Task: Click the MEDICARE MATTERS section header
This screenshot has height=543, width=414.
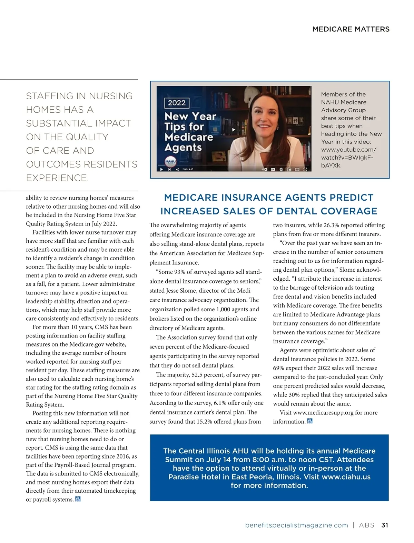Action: click(x=351, y=29)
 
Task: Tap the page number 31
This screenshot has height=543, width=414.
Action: click(x=385, y=525)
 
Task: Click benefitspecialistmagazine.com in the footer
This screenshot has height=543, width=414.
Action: click(x=296, y=525)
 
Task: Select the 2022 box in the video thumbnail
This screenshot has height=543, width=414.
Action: click(x=177, y=103)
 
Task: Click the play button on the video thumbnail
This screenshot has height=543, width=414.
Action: click(x=234, y=130)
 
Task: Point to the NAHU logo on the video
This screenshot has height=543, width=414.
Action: click(x=170, y=161)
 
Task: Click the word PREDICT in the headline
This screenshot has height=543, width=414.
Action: click(x=352, y=198)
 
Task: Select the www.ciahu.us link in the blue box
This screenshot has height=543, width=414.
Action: click(x=346, y=477)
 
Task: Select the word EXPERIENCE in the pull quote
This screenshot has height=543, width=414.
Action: click(x=57, y=178)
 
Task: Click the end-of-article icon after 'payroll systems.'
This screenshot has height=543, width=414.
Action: click(x=78, y=499)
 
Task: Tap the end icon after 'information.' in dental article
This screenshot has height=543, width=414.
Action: click(x=310, y=421)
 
